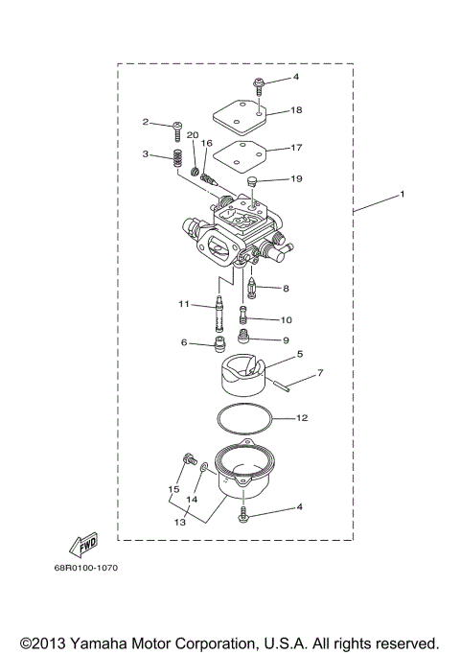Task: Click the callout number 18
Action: (x=297, y=111)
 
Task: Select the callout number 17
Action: (x=297, y=148)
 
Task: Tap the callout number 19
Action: (x=297, y=179)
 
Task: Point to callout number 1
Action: (x=402, y=194)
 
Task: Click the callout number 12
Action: (x=301, y=418)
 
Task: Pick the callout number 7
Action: (x=320, y=372)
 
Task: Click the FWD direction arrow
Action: (x=85, y=546)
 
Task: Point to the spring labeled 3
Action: (x=177, y=158)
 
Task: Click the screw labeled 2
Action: (x=178, y=126)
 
